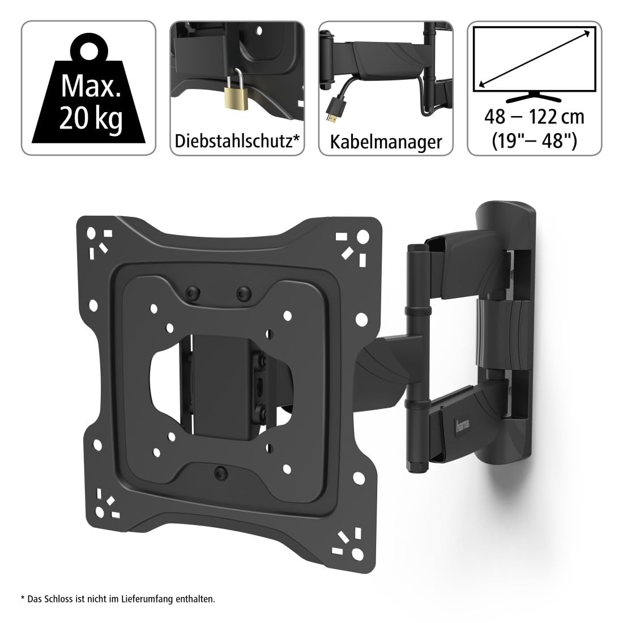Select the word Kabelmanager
[x=386, y=142]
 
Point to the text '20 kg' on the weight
[x=91, y=118]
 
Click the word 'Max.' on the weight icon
[x=91, y=86]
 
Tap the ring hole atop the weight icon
[x=89, y=51]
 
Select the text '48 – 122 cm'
[x=535, y=117]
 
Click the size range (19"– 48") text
[x=535, y=140]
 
